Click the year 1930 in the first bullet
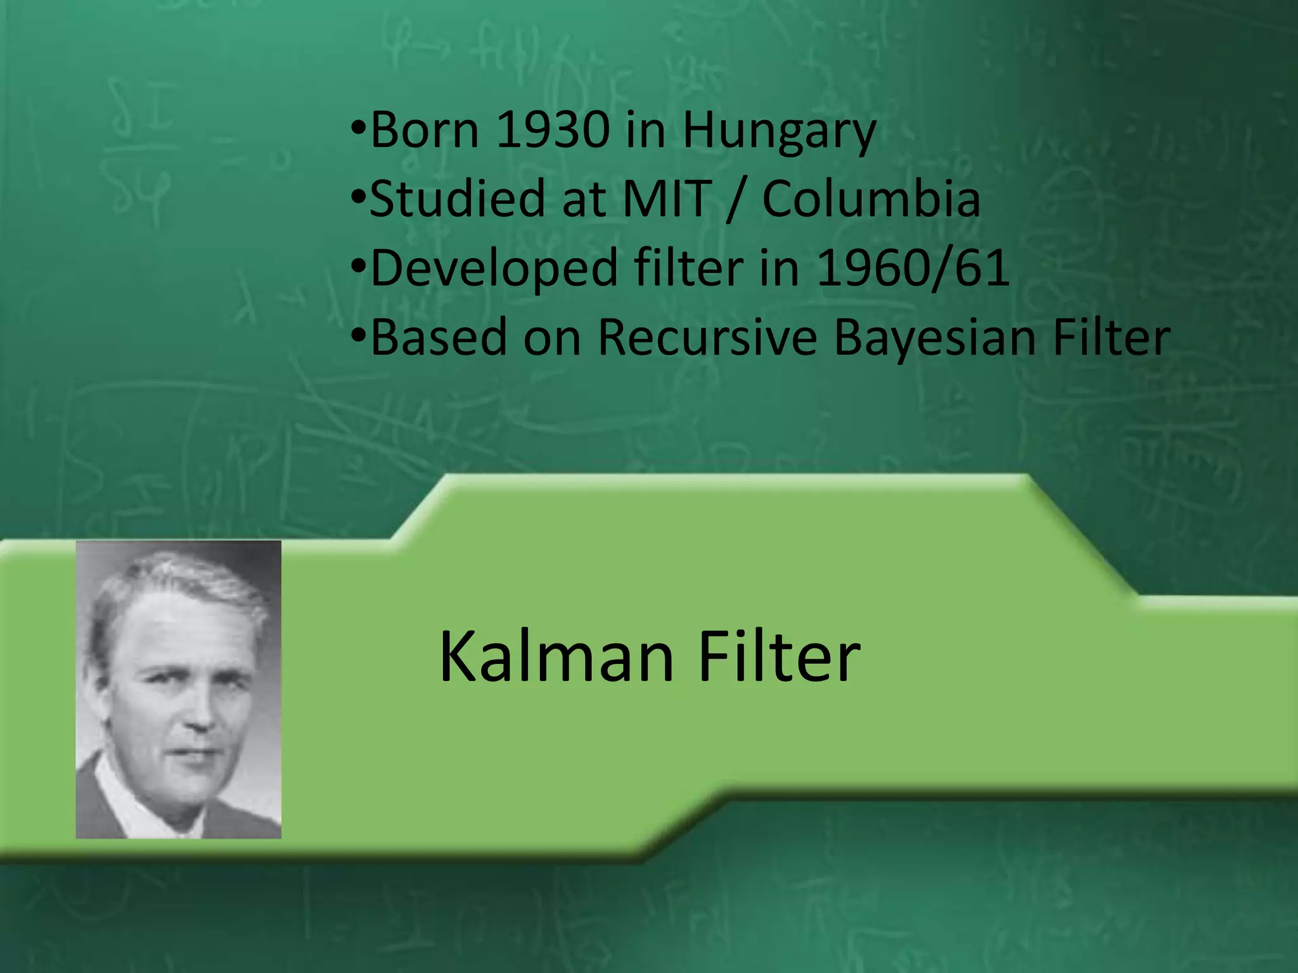tap(553, 130)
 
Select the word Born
tap(425, 130)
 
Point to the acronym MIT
tap(667, 199)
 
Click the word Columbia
tap(871, 199)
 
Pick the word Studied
tap(457, 199)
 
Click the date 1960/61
tap(913, 268)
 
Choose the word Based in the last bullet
tap(439, 337)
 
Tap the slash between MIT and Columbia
tap(736, 200)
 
